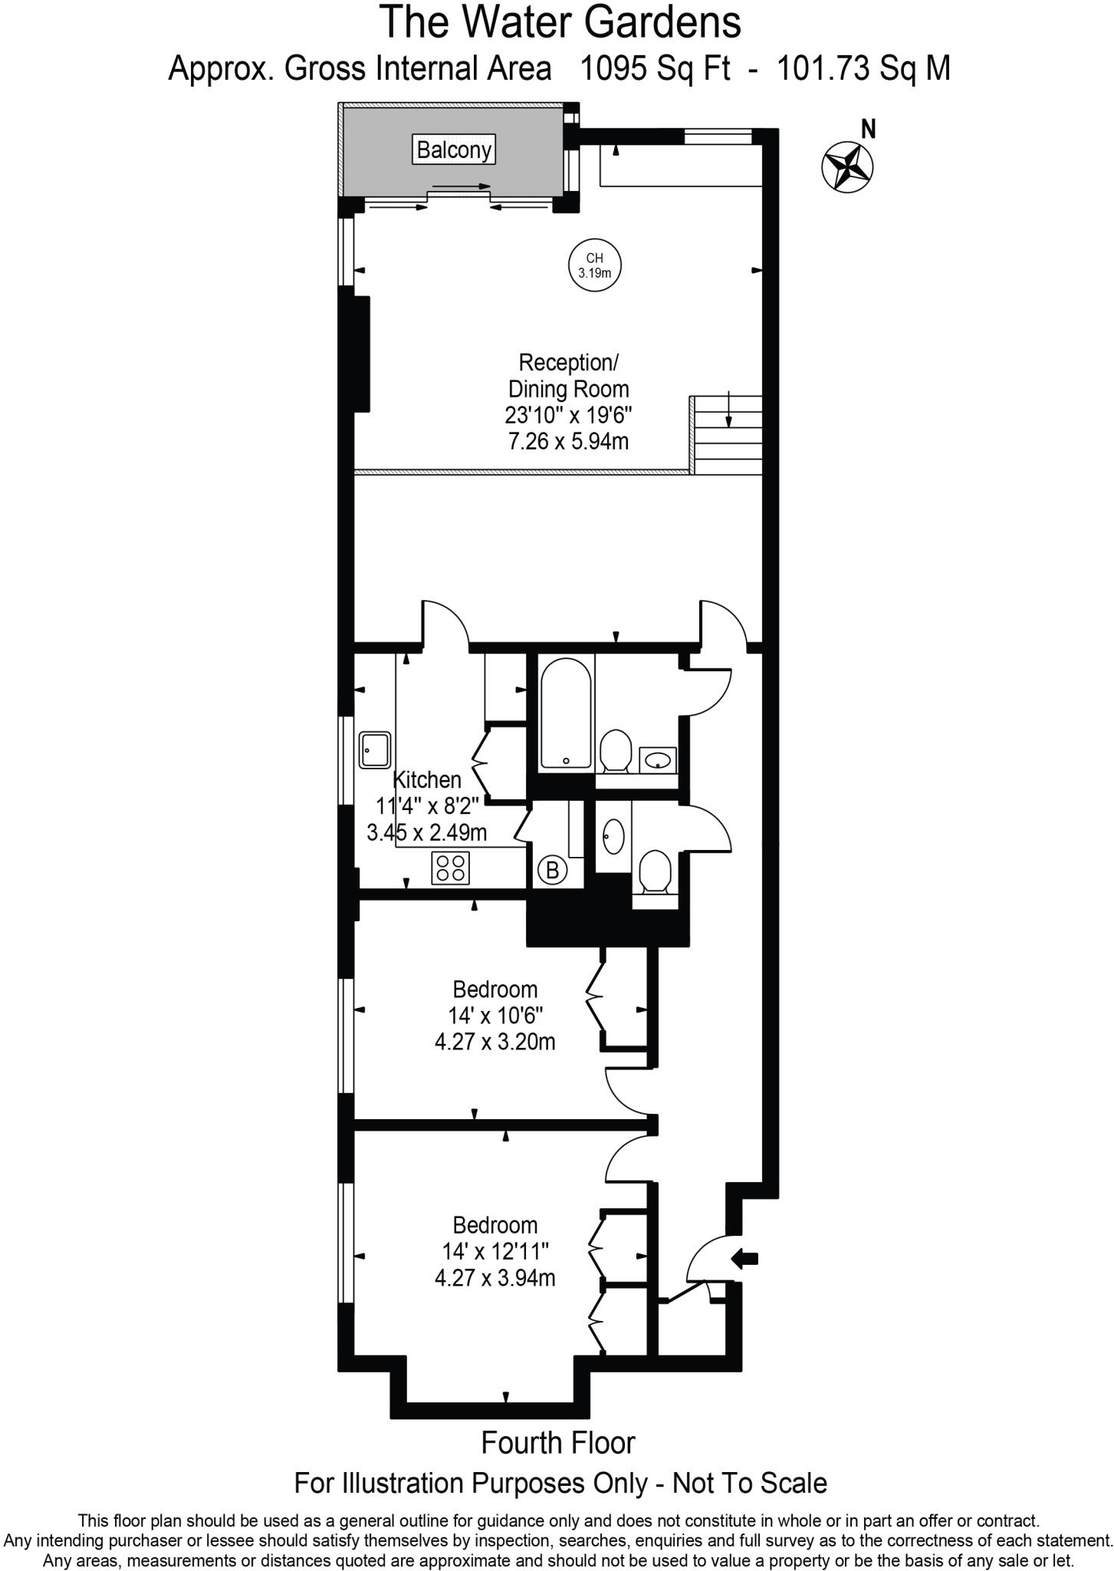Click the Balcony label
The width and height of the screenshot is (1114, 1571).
[x=454, y=150]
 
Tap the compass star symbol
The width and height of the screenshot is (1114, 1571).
[x=847, y=166]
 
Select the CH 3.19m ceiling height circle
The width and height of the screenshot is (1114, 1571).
[x=595, y=265]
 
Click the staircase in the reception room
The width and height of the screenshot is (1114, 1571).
[x=728, y=435]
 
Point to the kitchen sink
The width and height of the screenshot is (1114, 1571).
[x=375, y=749]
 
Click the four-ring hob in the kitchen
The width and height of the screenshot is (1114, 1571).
[x=451, y=868]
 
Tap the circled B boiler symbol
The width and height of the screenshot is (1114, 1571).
[x=552, y=870]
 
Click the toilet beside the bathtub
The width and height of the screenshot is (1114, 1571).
[x=615, y=750]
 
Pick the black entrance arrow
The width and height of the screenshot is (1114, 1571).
[x=745, y=1258]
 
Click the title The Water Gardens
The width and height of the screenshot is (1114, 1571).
[x=560, y=23]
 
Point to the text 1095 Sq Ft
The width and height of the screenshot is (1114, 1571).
[x=645, y=69]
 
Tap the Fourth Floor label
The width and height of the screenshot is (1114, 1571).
[x=558, y=1443]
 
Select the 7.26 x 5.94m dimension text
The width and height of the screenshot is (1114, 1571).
[x=569, y=442]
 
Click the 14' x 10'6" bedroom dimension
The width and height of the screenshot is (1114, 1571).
[x=495, y=1016]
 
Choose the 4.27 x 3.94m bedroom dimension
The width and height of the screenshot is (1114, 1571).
[x=495, y=1278]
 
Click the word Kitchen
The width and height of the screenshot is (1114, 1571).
[x=427, y=779]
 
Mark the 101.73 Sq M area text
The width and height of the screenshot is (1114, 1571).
[x=864, y=69]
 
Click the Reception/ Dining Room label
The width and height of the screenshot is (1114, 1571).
[x=568, y=375]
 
